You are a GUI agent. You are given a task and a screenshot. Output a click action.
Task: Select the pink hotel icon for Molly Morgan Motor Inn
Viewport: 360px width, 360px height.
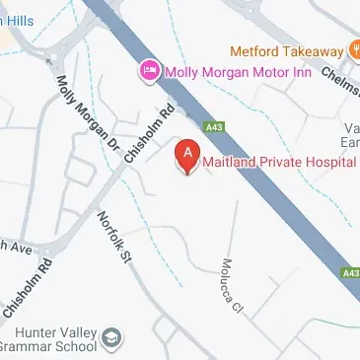click(150, 70)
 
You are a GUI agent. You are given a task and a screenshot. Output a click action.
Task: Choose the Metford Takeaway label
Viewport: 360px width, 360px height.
click(287, 50)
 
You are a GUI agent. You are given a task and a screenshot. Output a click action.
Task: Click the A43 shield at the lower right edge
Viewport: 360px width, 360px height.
click(350, 271)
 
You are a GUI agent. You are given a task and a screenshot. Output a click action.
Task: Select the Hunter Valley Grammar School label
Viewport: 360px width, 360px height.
click(49, 337)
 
